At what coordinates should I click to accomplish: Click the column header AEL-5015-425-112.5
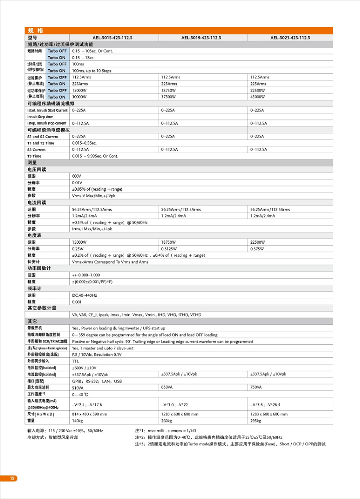click(112, 38)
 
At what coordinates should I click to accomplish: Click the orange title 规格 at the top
click(36, 31)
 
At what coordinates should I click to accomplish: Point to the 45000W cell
click(258, 97)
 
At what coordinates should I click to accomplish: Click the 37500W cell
click(168, 97)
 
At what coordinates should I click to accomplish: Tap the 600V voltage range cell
click(77, 176)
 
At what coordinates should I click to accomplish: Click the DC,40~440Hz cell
click(84, 295)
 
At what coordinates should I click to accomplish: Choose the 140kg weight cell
click(77, 421)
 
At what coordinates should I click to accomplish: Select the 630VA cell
click(167, 387)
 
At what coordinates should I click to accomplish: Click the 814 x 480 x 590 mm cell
click(90, 414)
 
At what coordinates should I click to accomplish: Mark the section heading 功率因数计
click(39, 268)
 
